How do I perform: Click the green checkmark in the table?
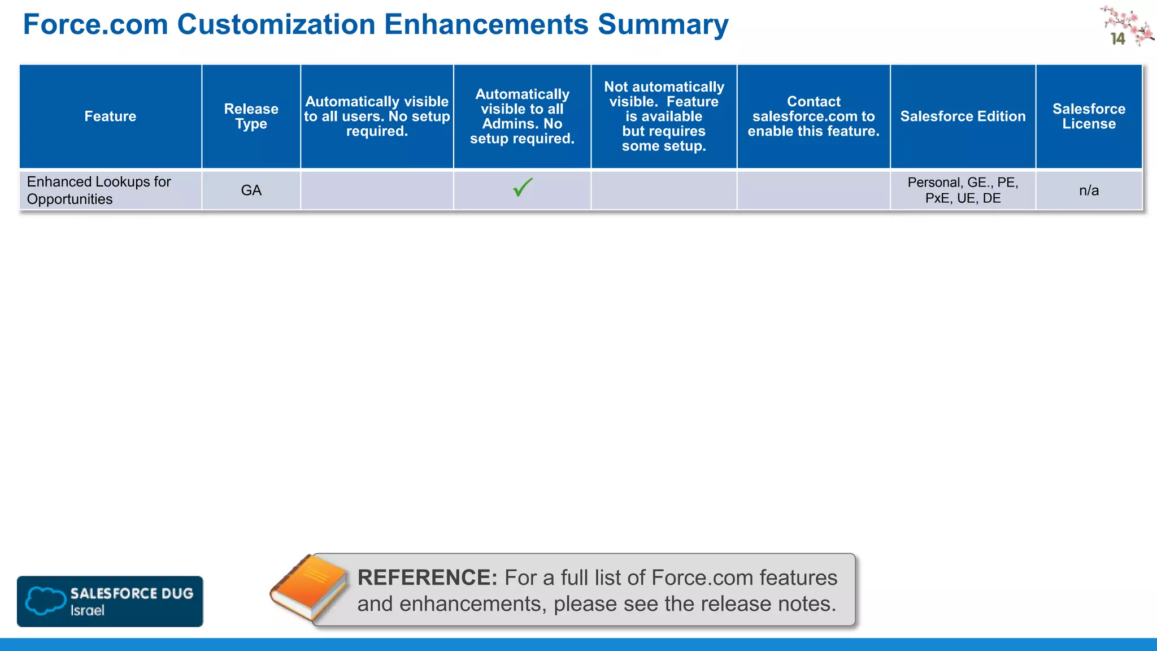tap(523, 187)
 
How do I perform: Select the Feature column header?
tap(110, 116)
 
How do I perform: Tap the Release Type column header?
tap(251, 116)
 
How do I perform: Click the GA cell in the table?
tap(251, 190)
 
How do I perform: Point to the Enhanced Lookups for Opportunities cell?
tap(99, 190)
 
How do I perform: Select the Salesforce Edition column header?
tap(963, 116)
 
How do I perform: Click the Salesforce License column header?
tap(1089, 116)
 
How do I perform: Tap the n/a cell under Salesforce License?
tap(1089, 190)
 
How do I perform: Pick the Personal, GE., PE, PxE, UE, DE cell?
tap(963, 190)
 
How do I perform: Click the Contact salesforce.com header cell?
tap(814, 116)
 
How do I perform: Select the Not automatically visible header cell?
tap(664, 116)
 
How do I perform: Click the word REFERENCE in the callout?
tap(427, 578)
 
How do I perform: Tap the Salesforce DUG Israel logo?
tap(110, 601)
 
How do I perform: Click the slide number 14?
tap(1117, 38)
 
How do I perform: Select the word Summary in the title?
tap(663, 25)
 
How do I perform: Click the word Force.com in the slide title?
tap(95, 25)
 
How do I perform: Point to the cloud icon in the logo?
tap(45, 601)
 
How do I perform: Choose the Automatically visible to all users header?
tap(377, 116)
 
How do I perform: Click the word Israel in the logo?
tap(87, 611)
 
